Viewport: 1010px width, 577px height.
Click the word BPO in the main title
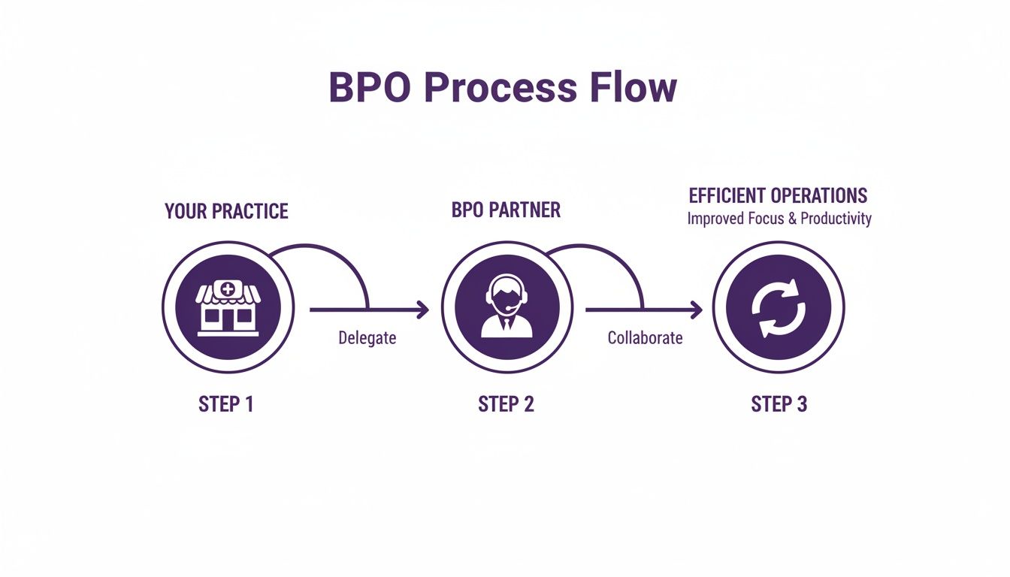(370, 89)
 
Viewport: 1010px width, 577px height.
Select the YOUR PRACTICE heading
(226, 211)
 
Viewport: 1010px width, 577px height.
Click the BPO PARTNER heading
(506, 210)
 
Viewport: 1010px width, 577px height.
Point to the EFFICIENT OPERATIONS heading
(778, 196)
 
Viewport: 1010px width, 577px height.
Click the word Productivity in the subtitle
(836, 219)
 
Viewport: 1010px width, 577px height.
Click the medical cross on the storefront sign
(228, 288)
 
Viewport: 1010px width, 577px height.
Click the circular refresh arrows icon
(779, 307)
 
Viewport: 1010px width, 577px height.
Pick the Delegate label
(367, 338)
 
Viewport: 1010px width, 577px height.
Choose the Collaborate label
(645, 338)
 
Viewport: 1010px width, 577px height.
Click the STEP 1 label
(226, 404)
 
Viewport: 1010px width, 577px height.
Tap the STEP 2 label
(506, 404)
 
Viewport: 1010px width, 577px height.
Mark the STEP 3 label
(779, 404)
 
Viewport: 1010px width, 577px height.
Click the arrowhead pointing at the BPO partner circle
(423, 309)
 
